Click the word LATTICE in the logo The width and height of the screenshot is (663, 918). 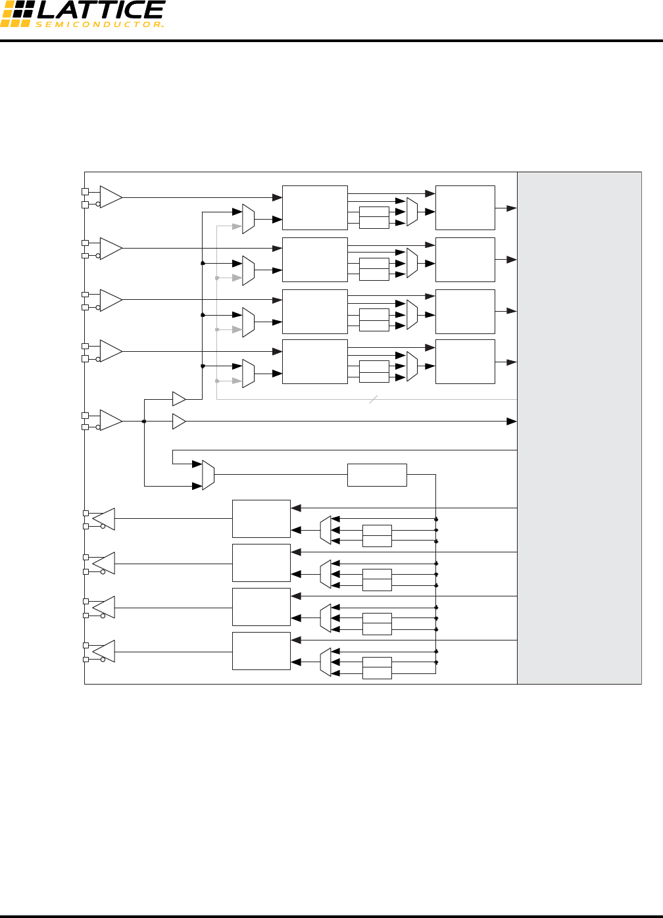tap(101, 11)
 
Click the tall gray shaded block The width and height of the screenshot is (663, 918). tap(579, 427)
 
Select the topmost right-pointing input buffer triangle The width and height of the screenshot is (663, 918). tap(110, 197)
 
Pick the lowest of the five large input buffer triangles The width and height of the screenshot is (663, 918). tap(110, 421)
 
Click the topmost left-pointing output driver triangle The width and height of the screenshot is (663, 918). tap(105, 519)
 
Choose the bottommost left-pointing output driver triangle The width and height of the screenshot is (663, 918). tap(105, 651)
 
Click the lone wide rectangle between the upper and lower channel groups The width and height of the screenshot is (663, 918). tap(377, 475)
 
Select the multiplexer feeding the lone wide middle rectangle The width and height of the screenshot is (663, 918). tap(208, 475)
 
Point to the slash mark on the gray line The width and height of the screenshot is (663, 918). tap(373, 399)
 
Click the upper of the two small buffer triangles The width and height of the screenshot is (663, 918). tap(178, 399)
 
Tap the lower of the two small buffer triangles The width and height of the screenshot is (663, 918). tap(178, 421)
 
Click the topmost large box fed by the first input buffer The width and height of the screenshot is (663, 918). tap(314, 208)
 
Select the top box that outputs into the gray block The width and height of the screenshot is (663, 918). tap(465, 208)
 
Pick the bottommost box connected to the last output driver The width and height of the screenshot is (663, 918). tap(261, 651)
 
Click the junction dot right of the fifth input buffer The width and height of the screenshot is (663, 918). tap(144, 421)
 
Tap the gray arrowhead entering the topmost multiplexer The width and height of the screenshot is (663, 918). tap(237, 226)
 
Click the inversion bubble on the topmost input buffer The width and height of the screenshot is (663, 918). tap(99, 205)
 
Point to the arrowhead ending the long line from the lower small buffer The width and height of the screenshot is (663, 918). tap(511, 421)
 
